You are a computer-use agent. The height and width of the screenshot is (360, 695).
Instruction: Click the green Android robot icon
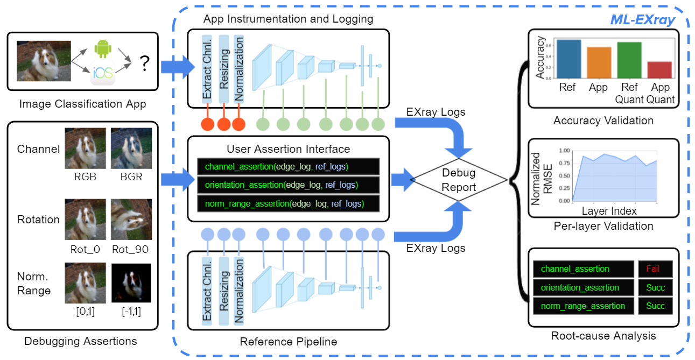(x=102, y=48)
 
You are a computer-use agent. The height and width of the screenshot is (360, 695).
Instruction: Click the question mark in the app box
(x=144, y=64)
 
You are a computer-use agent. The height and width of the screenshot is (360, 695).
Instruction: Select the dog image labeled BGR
(x=131, y=148)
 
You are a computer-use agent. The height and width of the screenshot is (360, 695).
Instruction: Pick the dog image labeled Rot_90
(x=131, y=220)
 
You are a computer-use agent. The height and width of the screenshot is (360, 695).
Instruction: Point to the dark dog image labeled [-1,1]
(x=131, y=283)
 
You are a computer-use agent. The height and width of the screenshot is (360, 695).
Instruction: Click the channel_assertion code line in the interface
(x=287, y=167)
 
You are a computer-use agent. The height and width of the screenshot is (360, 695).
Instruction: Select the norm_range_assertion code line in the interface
(x=287, y=203)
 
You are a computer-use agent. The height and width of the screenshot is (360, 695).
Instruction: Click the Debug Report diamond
(x=459, y=180)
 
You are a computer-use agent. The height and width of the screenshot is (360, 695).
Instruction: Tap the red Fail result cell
(x=652, y=269)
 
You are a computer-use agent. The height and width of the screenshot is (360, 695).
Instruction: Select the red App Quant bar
(x=660, y=70)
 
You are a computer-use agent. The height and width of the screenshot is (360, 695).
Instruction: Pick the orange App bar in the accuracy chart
(x=599, y=62)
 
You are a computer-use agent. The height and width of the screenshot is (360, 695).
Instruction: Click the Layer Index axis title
(x=609, y=210)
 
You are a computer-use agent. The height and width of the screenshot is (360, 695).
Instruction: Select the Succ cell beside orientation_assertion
(x=655, y=287)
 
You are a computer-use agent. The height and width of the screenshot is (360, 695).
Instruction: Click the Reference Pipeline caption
(x=288, y=342)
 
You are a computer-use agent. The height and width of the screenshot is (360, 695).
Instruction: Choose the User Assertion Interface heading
(x=288, y=149)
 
